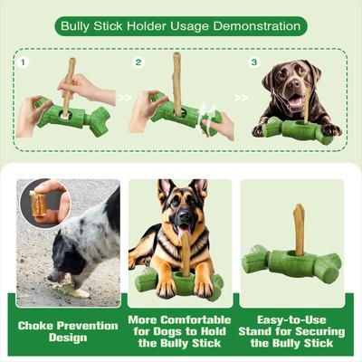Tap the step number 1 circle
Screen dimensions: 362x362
tap(24, 62)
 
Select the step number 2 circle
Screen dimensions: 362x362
tap(138, 62)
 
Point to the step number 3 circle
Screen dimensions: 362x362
tap(254, 62)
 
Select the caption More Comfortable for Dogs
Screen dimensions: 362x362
tap(180, 331)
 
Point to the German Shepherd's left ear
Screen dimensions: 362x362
tap(164, 190)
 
